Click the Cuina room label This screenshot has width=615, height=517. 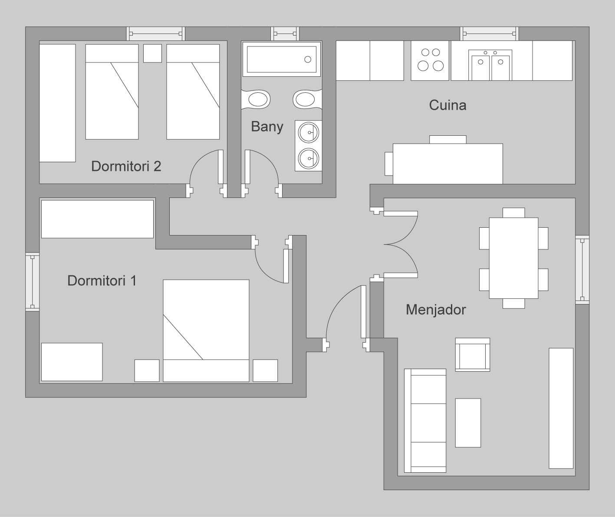click(x=447, y=105)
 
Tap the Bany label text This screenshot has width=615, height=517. click(x=267, y=127)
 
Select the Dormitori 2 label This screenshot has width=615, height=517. click(x=126, y=167)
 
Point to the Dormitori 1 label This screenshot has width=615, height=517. click(x=102, y=281)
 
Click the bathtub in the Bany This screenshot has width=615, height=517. click(x=281, y=59)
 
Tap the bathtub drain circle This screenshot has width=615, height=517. click(x=308, y=59)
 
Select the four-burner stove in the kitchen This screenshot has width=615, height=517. click(x=430, y=60)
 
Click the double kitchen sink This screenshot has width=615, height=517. click(x=490, y=65)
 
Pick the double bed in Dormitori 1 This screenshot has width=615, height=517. click(x=206, y=330)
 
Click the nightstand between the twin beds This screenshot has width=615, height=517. click(x=153, y=53)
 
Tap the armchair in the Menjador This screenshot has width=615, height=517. click(x=473, y=354)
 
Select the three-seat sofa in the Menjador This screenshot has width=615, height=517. click(x=425, y=421)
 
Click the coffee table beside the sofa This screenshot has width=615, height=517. click(x=468, y=423)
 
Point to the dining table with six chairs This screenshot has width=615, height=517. click(x=514, y=258)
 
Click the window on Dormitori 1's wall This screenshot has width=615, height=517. click(x=33, y=282)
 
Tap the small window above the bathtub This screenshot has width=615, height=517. click(x=285, y=33)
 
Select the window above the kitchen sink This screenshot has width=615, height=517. click(x=490, y=33)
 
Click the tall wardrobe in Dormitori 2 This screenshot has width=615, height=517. click(x=57, y=103)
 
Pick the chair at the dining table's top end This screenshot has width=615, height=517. click(x=514, y=213)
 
